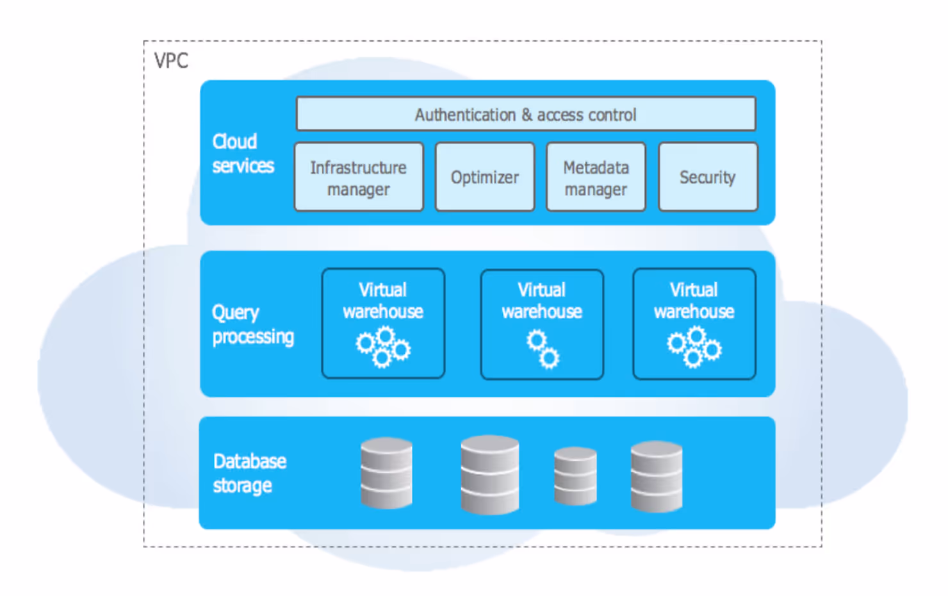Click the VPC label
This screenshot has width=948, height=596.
[x=171, y=60]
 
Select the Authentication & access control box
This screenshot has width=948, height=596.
[x=526, y=114]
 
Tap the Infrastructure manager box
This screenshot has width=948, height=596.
[x=359, y=177]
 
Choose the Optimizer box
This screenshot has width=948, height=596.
[x=485, y=177]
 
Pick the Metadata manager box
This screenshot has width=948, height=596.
[x=596, y=177]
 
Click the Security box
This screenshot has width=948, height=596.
[x=708, y=177]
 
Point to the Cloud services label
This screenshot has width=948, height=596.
[x=243, y=154]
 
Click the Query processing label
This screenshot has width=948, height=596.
[x=253, y=325]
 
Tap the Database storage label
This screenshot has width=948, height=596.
[x=250, y=473]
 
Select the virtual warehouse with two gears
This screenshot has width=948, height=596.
[x=542, y=324]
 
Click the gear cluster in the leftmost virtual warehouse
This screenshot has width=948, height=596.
[x=383, y=347]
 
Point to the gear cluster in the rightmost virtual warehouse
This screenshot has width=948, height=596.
[x=694, y=347]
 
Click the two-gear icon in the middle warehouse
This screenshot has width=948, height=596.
[x=543, y=349]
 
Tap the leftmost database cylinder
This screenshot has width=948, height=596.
[x=386, y=473]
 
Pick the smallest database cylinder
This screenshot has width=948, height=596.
[x=576, y=476]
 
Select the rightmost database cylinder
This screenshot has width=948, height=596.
[x=657, y=477]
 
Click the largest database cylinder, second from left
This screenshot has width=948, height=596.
[x=490, y=475]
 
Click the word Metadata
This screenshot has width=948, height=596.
[x=596, y=168]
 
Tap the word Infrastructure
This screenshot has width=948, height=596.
[x=359, y=168]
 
